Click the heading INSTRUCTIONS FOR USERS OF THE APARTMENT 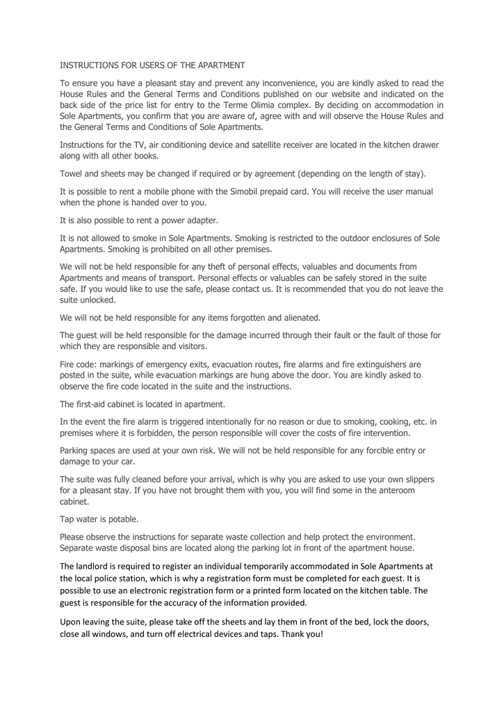click(152, 65)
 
